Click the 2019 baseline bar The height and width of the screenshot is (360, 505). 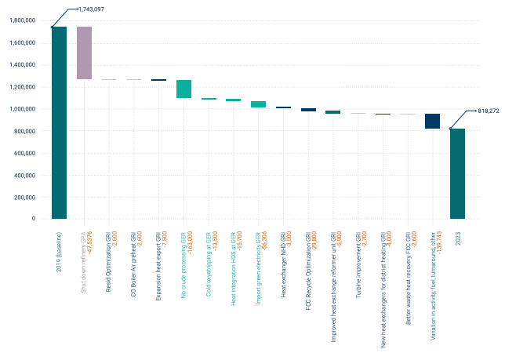point(59,122)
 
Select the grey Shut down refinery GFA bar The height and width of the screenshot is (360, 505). point(84,53)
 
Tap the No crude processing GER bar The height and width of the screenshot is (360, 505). point(183,89)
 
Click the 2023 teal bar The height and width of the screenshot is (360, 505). point(457,173)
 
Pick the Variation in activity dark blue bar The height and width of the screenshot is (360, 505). point(432,121)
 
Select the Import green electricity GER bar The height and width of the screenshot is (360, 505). point(258,104)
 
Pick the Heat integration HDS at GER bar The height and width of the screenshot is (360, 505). point(234,100)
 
